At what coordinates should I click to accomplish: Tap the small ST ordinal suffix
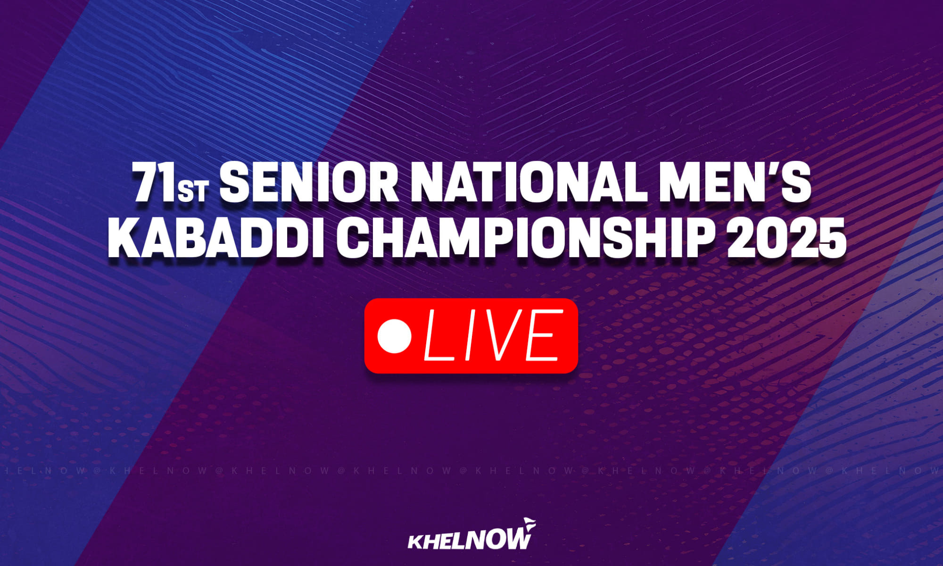192,191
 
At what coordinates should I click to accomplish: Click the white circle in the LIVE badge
395,335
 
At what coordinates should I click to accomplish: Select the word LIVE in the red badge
493,335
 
